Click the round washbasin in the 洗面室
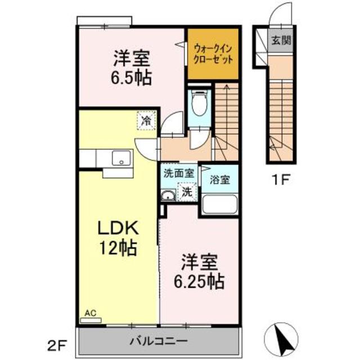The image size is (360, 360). pos(168,196)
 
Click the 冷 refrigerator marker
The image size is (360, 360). pos(145,120)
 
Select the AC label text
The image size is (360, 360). pos(90,313)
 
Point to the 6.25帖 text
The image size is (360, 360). pos(199,280)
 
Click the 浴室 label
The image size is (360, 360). pos(219,180)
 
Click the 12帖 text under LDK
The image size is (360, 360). pos(119,248)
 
